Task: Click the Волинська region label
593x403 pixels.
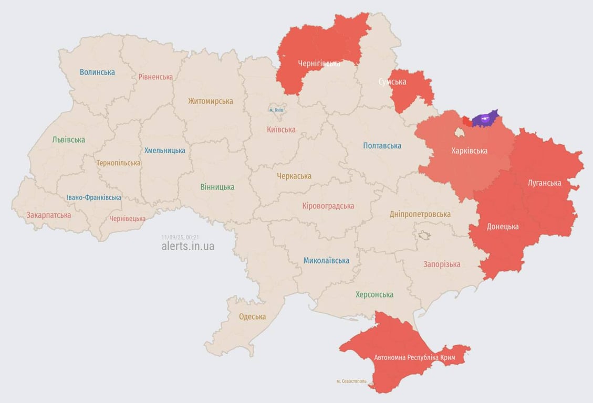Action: [97, 72]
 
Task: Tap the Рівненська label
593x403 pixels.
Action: [155, 77]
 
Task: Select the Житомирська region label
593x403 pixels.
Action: [211, 101]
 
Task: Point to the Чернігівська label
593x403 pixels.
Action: [319, 63]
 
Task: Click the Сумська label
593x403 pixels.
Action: [392, 81]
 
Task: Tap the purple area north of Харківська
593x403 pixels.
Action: [484, 120]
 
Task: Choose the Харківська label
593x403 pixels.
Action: [469, 151]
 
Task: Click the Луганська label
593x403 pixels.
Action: [544, 183]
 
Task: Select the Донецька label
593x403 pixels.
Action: [503, 226]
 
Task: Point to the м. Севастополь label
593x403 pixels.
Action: [355, 381]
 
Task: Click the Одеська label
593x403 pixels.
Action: [252, 316]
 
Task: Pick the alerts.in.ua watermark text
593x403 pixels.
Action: [188, 246]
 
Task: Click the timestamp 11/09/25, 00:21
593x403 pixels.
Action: [180, 237]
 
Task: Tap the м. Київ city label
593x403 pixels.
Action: [276, 110]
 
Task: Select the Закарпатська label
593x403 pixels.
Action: [49, 215]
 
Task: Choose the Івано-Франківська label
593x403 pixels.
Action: [94, 197]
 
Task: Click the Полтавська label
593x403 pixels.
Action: [382, 145]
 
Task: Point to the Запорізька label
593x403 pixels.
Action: [442, 264]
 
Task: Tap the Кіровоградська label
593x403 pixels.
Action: [328, 206]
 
